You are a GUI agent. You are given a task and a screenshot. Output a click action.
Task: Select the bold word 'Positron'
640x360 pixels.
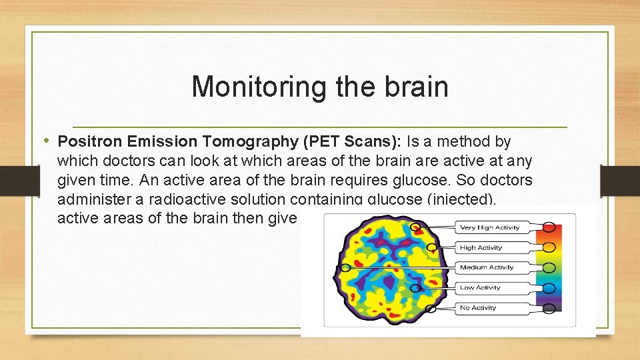click(87, 141)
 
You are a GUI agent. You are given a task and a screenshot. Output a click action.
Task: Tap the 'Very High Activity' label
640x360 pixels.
click(491, 228)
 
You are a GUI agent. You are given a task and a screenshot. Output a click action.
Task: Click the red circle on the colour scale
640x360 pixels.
click(549, 227)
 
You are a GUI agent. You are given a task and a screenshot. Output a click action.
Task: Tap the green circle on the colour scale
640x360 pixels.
click(549, 268)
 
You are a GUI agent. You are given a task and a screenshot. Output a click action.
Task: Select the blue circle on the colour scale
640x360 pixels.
click(549, 288)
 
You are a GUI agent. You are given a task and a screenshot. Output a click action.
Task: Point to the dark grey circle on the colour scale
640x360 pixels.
click(549, 308)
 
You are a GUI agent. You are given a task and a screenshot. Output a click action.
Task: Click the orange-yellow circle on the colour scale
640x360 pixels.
click(549, 247)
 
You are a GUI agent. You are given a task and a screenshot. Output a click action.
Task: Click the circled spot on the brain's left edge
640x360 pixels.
click(345, 268)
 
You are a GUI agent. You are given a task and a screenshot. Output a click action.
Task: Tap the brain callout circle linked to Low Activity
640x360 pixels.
click(415, 288)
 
